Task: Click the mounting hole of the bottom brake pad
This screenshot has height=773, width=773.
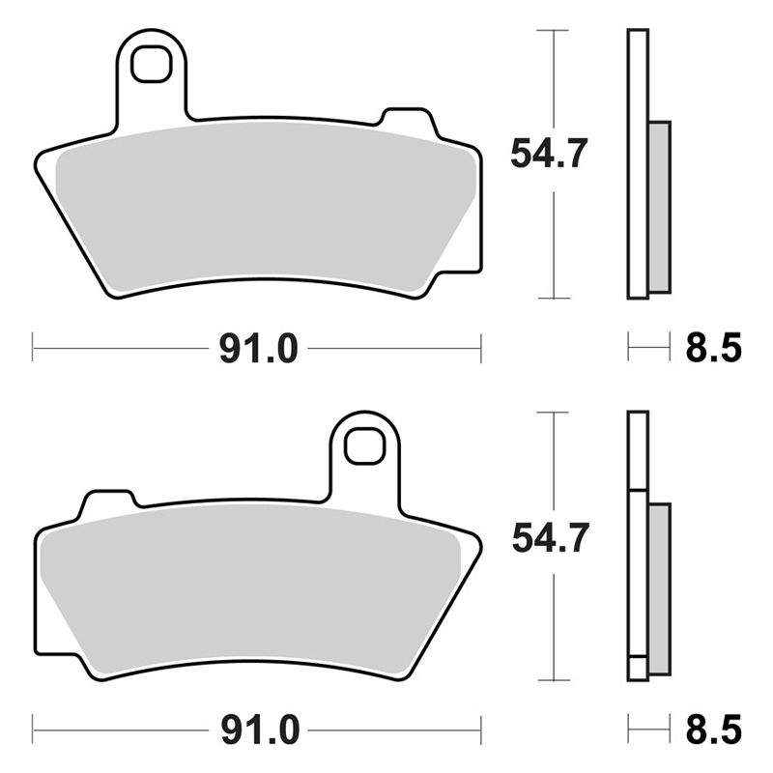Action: click(364, 445)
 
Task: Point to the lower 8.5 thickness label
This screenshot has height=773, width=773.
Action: click(713, 726)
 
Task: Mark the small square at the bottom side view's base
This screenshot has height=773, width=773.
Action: click(637, 668)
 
